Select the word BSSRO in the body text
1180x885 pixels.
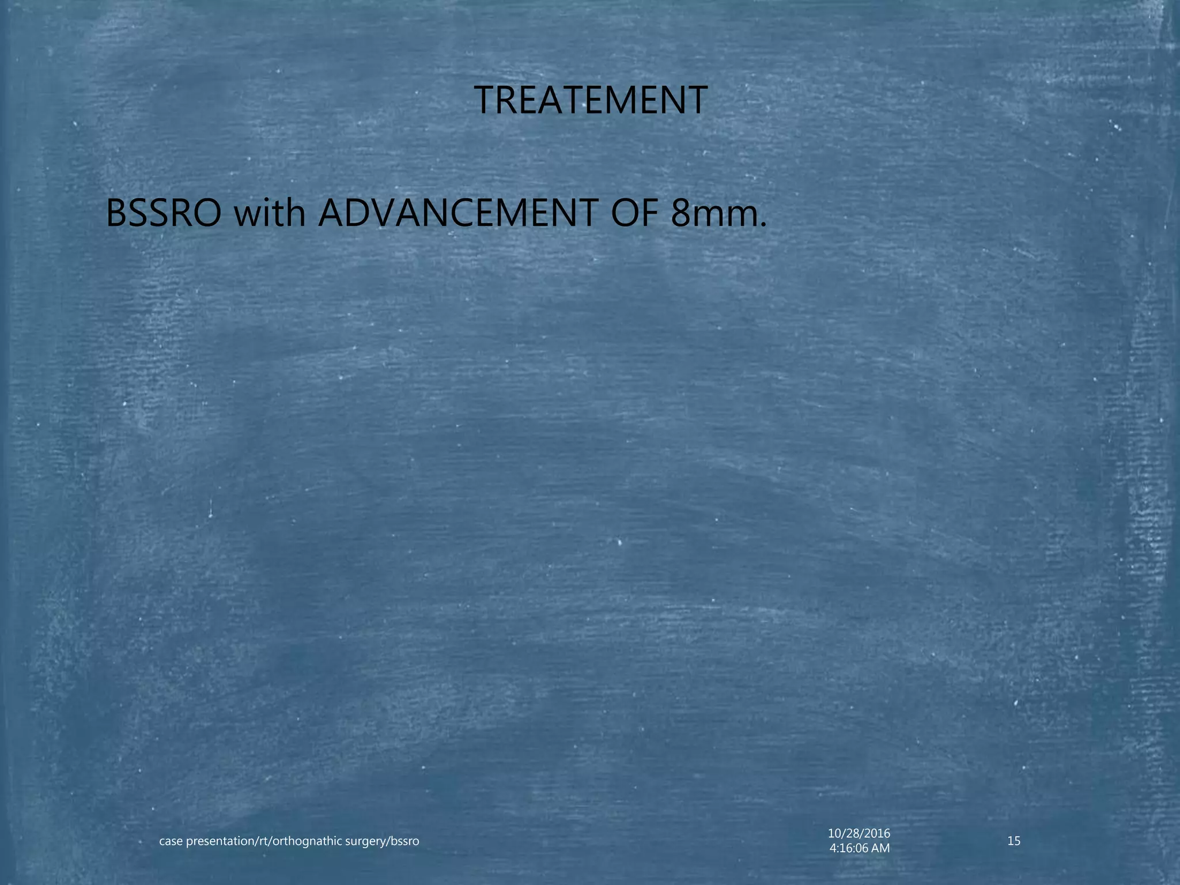click(x=164, y=214)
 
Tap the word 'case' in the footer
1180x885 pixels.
click(x=171, y=842)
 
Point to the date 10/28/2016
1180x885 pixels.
click(x=859, y=833)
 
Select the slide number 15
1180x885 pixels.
click(x=1014, y=841)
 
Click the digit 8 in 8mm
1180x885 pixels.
click(x=682, y=214)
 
